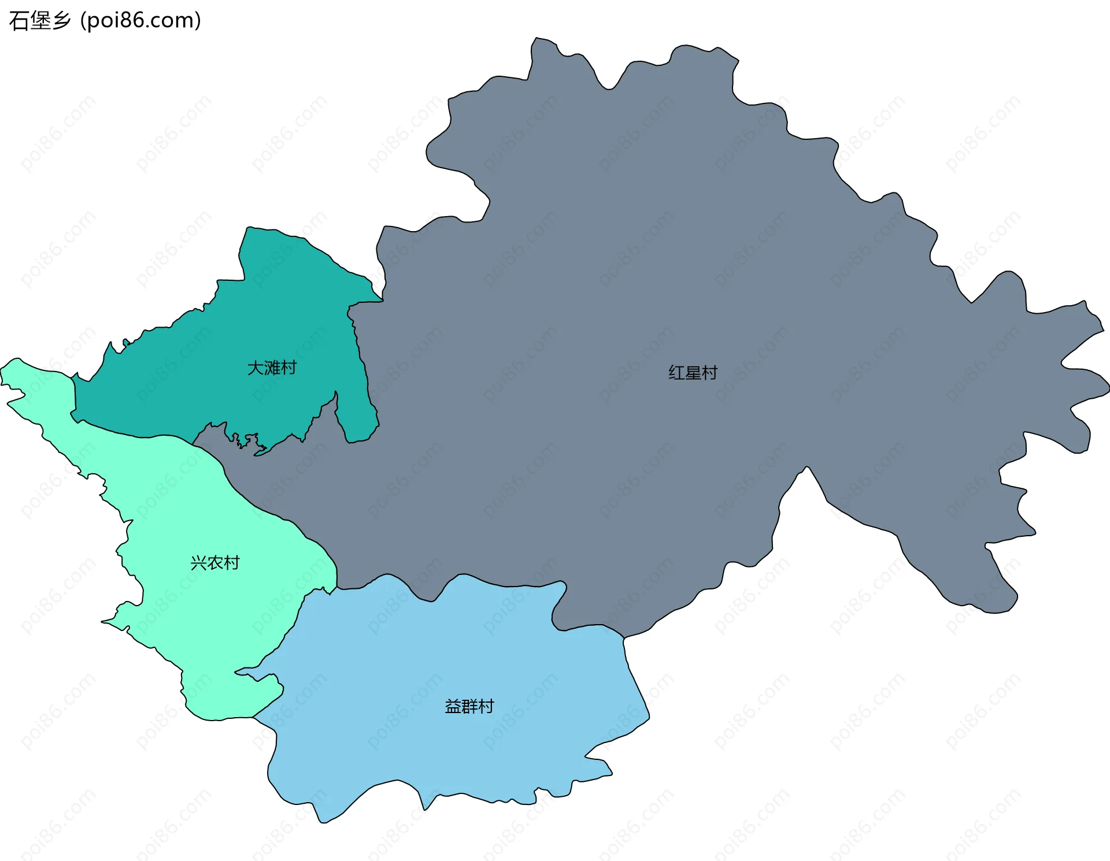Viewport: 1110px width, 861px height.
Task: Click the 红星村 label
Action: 693,373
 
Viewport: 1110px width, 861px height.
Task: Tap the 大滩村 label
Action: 272,368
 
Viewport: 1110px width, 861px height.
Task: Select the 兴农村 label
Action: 215,562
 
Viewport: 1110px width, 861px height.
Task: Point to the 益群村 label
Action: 469,706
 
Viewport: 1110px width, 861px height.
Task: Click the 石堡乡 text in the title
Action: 40,20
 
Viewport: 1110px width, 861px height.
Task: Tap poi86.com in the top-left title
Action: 140,20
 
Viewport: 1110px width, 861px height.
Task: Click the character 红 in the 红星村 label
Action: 676,373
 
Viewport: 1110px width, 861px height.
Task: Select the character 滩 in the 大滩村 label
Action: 272,368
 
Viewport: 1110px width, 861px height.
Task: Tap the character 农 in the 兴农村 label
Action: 215,562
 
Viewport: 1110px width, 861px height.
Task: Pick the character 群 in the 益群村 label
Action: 469,706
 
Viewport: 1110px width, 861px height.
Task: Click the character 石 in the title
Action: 18,20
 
